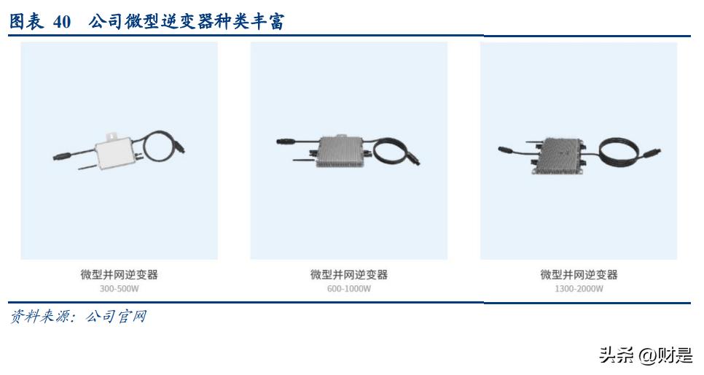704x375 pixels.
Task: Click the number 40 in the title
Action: (x=62, y=22)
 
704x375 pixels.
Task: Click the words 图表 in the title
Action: (x=28, y=22)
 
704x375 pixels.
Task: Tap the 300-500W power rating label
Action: (x=119, y=288)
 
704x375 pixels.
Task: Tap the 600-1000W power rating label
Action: (x=348, y=288)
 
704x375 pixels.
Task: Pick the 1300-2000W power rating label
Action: (x=579, y=288)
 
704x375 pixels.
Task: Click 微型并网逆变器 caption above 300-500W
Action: (x=119, y=274)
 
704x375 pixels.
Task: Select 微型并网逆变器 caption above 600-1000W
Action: (x=348, y=274)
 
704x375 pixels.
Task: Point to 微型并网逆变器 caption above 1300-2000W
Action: (x=579, y=274)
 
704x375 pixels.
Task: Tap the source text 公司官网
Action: (x=116, y=317)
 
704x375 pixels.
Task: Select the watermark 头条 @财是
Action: (x=646, y=355)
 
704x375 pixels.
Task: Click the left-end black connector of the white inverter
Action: (x=60, y=155)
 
